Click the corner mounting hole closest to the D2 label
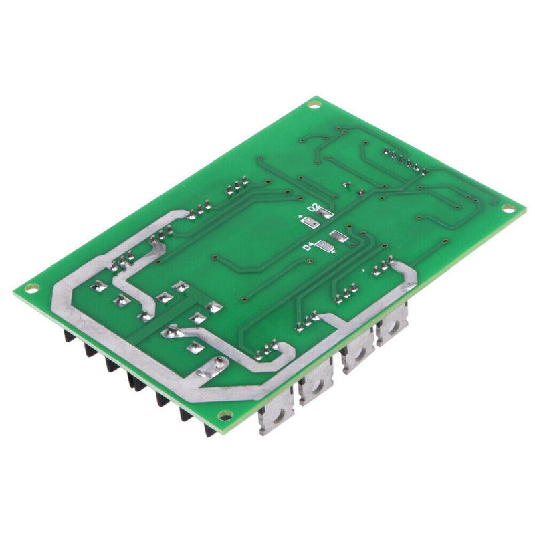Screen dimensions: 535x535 coord(315,104)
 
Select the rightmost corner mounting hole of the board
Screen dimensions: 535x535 coord(510,209)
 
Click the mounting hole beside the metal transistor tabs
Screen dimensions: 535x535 coord(225,415)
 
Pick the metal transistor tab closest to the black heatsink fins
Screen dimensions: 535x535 coord(275,418)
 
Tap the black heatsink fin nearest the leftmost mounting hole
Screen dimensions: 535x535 coord(68,335)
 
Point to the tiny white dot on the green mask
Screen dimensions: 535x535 coord(363,270)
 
